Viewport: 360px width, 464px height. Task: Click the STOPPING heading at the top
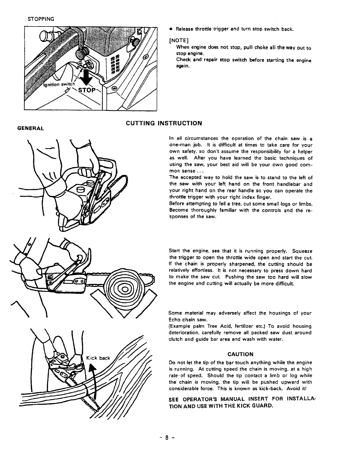pos(41,19)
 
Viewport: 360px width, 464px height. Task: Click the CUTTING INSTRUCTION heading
pos(164,123)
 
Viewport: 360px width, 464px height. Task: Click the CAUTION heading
pos(240,354)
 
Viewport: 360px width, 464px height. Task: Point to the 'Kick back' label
pos(98,358)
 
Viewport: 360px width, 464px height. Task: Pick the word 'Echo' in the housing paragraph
pos(174,320)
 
